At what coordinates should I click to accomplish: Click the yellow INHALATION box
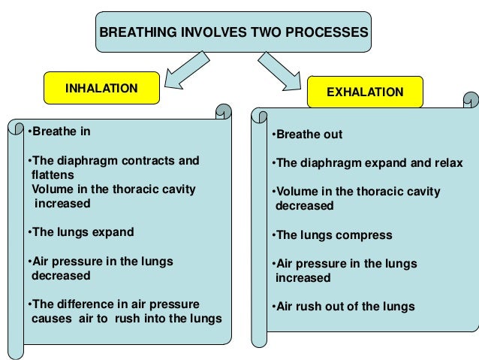tap(101, 88)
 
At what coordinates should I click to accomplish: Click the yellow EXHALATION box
tap(365, 92)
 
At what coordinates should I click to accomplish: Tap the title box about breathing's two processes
tap(233, 33)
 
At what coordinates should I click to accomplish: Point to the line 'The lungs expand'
tap(80, 231)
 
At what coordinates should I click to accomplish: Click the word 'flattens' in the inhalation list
tap(53, 174)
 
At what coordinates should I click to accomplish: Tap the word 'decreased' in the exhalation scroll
tap(304, 206)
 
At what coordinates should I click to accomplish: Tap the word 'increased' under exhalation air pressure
tap(303, 278)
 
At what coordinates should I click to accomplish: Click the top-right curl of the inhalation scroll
tap(223, 113)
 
